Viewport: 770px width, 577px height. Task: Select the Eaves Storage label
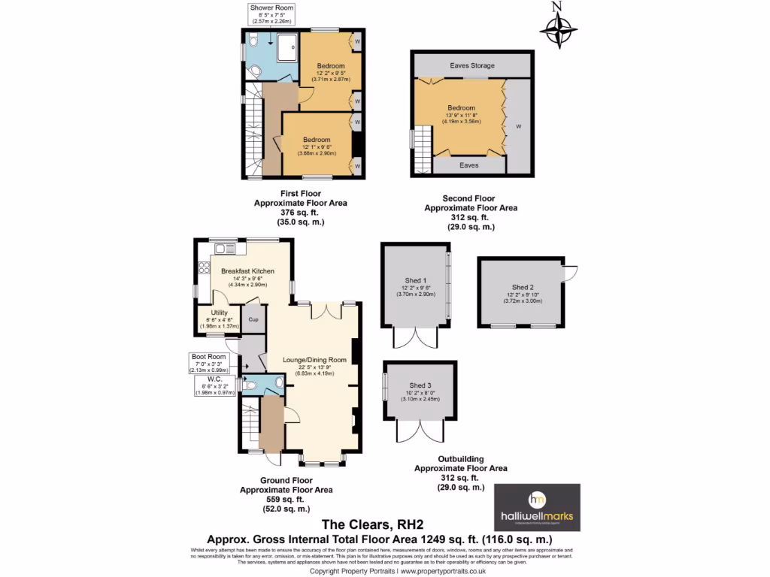coord(472,65)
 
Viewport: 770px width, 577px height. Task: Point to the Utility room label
coord(219,312)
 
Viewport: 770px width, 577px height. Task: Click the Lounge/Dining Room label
coord(314,360)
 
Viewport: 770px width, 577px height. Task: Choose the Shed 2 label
coord(523,287)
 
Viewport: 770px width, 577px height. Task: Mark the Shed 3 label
coord(421,385)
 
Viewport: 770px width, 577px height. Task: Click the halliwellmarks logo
coord(536,507)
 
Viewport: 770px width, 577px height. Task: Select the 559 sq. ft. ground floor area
coord(286,500)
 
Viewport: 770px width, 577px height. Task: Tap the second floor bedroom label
coord(461,107)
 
